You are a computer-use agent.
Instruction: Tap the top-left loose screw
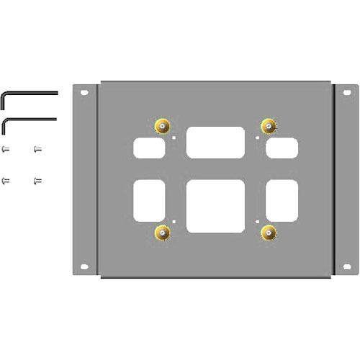[6, 150]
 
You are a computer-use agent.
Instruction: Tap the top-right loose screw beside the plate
[37, 150]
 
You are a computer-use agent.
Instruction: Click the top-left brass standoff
[162, 126]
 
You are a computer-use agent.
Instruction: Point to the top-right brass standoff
[269, 126]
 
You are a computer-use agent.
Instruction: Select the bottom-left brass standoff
[162, 232]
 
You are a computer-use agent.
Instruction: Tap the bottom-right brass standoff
[269, 232]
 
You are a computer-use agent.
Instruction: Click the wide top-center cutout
[215, 142]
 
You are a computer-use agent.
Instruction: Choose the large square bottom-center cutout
[215, 205]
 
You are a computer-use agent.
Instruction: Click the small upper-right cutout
[282, 148]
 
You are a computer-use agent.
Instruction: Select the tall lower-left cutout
[149, 201]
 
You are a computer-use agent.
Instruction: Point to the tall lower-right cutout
[282, 201]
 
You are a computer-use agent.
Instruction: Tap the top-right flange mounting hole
[346, 93]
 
